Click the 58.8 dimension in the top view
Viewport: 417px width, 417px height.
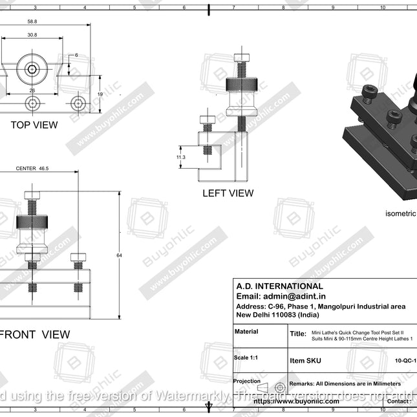point(32,22)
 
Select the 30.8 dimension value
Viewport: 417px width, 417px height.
point(32,34)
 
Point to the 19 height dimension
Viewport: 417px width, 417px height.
point(100,94)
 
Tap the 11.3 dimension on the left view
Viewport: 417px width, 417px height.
point(181,157)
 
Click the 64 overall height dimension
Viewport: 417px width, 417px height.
point(119,256)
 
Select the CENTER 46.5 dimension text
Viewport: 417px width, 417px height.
point(32,168)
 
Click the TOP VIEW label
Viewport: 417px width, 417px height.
point(34,124)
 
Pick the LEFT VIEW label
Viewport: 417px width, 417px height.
point(228,193)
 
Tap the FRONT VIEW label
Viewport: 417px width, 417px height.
point(36,334)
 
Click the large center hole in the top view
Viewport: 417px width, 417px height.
point(32,69)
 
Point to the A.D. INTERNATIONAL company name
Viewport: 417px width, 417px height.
point(279,286)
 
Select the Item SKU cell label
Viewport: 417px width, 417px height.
point(305,361)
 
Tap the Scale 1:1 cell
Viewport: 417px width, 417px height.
point(245,358)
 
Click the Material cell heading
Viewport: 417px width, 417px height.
point(246,332)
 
